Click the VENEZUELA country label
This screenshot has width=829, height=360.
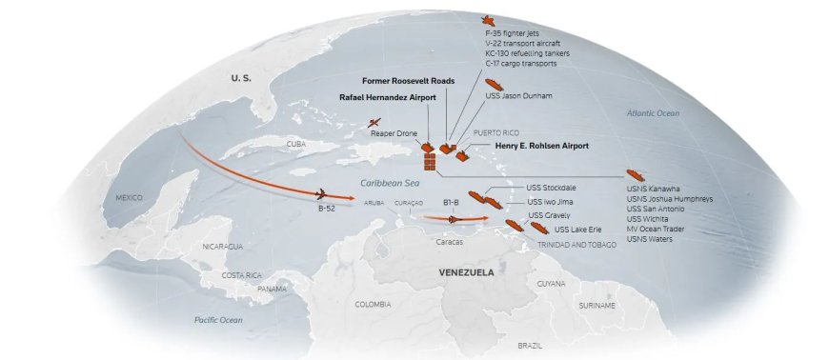click(465, 272)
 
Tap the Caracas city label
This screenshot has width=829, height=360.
click(449, 242)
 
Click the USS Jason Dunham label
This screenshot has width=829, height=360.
click(518, 96)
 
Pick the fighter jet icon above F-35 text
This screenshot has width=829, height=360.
click(490, 20)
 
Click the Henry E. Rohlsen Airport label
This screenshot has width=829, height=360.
click(541, 146)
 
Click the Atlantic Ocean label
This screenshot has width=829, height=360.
click(653, 113)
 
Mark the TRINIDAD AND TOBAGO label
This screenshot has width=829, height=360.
click(578, 245)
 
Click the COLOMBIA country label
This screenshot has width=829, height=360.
click(372, 305)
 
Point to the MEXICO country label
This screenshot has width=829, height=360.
click(129, 197)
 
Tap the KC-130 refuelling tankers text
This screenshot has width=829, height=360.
click(527, 54)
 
